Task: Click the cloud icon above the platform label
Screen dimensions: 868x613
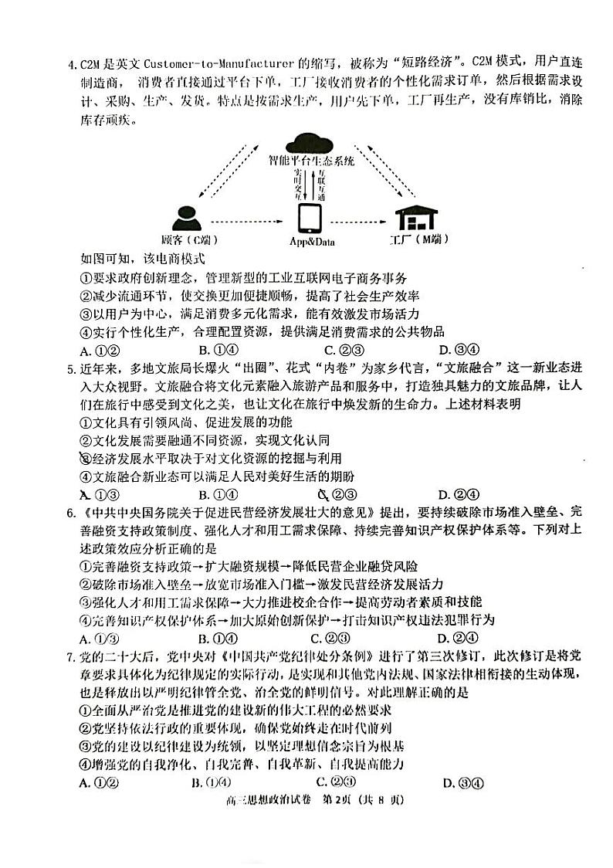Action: coord(311,144)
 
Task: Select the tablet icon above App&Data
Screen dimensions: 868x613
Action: coord(311,217)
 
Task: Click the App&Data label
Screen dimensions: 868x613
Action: coord(312,242)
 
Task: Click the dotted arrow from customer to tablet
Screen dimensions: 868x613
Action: coord(247,219)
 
